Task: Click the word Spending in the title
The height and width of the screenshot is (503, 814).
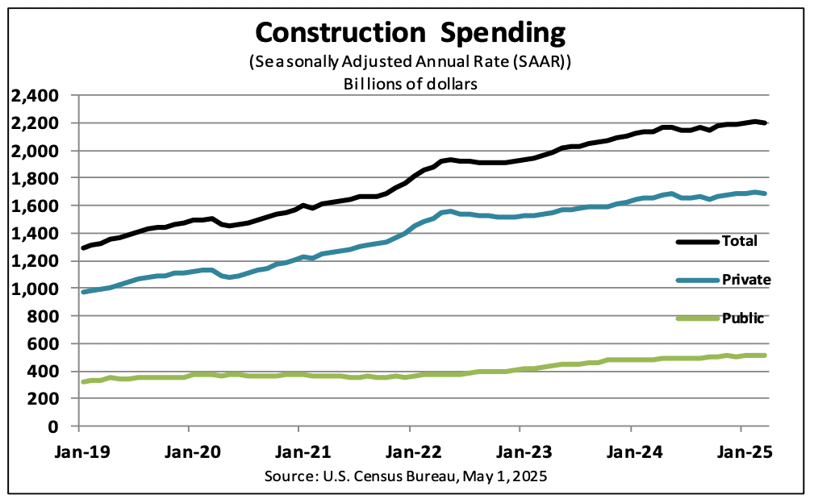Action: coord(497,33)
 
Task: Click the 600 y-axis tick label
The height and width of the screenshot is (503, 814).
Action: coord(45,343)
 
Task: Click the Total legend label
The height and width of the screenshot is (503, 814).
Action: coord(741,240)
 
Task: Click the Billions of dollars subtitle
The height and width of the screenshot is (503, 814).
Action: coord(411,84)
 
